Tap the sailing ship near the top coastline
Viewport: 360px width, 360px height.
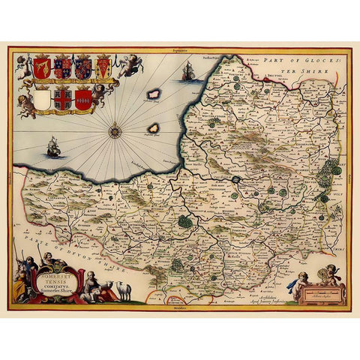187,72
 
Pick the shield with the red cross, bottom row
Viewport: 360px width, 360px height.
63,98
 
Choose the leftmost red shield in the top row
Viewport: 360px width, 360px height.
42,68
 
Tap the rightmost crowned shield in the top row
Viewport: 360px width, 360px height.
103,68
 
